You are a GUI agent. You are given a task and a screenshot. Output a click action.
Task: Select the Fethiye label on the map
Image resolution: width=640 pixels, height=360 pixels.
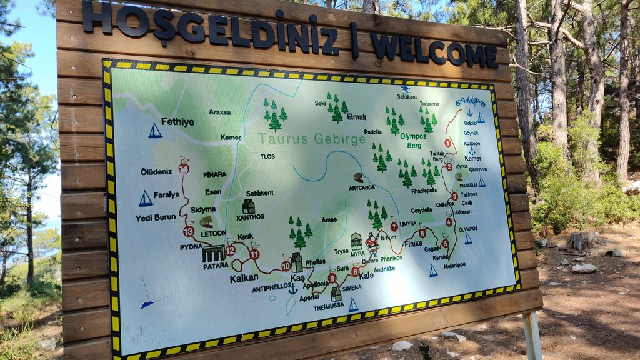(x=177, y=121)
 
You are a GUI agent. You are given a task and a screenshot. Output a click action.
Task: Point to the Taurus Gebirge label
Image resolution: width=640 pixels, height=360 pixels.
(x=311, y=139)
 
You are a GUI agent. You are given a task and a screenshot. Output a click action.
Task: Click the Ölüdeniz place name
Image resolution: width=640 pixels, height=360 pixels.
(x=156, y=171)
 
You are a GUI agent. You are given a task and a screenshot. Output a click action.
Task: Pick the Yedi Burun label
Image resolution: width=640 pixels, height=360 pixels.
(x=156, y=218)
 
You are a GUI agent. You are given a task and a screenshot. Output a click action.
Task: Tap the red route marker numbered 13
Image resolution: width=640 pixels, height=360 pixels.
(x=189, y=231)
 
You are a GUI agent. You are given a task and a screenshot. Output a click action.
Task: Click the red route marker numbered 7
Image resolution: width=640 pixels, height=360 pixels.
(x=394, y=227)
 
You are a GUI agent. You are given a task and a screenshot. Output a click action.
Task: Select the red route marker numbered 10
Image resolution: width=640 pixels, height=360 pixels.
(x=286, y=266)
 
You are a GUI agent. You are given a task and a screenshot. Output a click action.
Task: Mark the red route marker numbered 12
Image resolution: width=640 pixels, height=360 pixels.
(x=230, y=251)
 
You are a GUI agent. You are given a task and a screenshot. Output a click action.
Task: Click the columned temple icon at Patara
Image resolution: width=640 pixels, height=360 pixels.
(x=213, y=254)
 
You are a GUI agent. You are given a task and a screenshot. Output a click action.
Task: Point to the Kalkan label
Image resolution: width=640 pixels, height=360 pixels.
(x=244, y=278)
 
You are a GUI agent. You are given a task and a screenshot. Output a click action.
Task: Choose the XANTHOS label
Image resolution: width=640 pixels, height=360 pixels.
(x=250, y=217)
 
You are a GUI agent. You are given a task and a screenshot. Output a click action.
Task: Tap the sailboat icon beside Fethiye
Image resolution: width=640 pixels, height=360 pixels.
(x=155, y=131)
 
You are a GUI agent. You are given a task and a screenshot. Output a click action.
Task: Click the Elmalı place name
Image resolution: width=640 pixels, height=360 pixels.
(x=356, y=116)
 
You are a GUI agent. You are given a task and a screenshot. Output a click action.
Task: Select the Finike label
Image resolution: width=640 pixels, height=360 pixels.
(x=413, y=244)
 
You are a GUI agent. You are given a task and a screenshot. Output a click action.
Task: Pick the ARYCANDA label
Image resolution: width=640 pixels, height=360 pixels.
(x=362, y=187)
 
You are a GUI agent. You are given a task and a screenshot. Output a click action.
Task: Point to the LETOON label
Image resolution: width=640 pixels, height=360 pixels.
(x=213, y=233)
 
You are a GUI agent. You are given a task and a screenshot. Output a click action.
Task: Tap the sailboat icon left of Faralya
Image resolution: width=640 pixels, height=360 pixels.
(x=146, y=199)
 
